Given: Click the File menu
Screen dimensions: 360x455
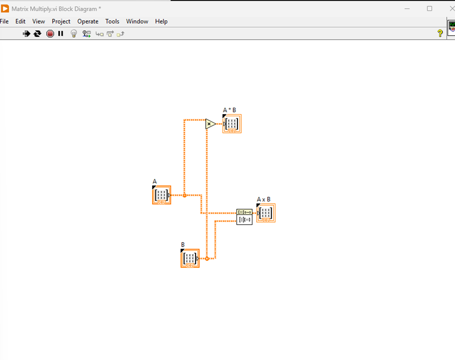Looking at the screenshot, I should [4, 21].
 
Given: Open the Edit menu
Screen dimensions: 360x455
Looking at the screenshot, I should [21, 21].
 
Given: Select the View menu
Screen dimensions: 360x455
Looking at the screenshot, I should [39, 21].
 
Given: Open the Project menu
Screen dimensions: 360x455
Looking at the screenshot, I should [61, 21].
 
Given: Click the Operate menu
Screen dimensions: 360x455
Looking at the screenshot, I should [88, 21].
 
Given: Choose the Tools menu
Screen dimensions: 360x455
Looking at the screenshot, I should [112, 21].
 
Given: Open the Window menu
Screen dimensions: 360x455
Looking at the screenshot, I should [137, 21].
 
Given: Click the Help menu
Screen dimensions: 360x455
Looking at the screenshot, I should [161, 21].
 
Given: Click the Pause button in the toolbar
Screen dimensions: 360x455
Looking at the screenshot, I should [61, 34].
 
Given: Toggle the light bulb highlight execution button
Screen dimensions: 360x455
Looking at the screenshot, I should [74, 34].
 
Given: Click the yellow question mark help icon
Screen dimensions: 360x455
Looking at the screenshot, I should [440, 34].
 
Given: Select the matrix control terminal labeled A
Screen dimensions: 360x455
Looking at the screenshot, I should [161, 195].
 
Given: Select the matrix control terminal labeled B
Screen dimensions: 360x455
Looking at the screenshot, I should [190, 258].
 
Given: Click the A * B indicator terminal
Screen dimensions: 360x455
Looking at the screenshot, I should [232, 124].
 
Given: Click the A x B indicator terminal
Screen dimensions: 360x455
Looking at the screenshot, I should [266, 213].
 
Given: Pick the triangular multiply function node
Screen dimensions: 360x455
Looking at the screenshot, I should [210, 124].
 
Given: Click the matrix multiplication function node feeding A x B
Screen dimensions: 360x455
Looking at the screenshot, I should [244, 216].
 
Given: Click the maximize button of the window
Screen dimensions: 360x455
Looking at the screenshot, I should [429, 8].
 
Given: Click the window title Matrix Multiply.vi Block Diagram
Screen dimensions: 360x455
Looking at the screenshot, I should [56, 9].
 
